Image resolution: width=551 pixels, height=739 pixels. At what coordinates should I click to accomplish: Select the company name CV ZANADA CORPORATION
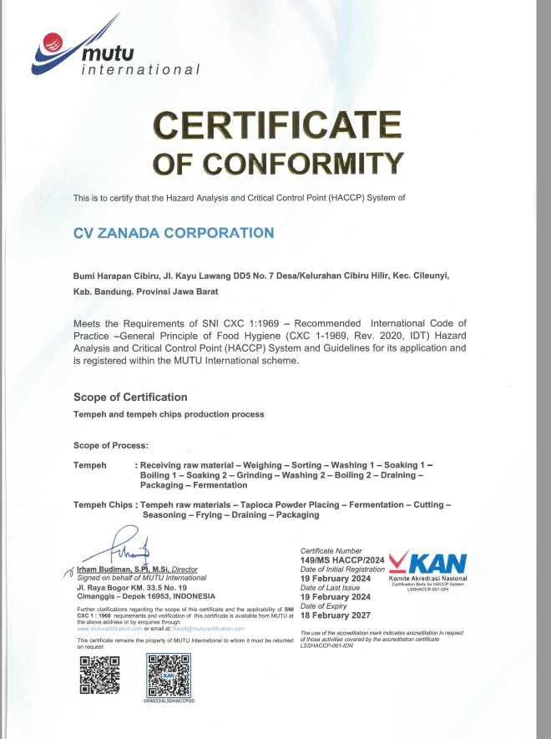174,233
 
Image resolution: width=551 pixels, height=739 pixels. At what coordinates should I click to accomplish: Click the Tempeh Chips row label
104,505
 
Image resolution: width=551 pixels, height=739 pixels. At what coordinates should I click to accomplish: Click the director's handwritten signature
125,547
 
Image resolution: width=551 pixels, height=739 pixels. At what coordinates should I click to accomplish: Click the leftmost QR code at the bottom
95,675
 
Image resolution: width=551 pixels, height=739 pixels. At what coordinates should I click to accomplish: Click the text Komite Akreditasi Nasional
427,579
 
